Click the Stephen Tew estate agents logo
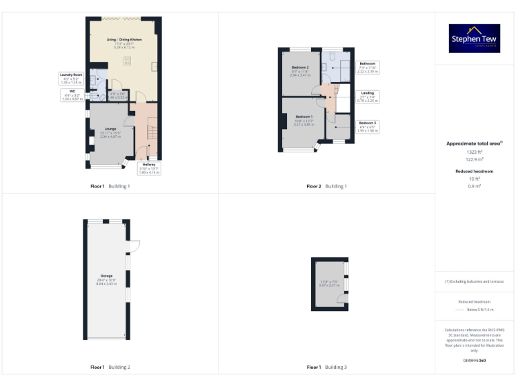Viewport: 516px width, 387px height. [474, 38]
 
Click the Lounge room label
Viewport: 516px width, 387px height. [111, 128]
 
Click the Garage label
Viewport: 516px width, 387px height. [106, 275]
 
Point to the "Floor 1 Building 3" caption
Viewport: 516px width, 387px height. [327, 367]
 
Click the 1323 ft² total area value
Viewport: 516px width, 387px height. [475, 153]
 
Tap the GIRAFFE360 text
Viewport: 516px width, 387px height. [475, 361]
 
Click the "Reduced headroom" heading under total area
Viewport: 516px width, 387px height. [475, 171]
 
